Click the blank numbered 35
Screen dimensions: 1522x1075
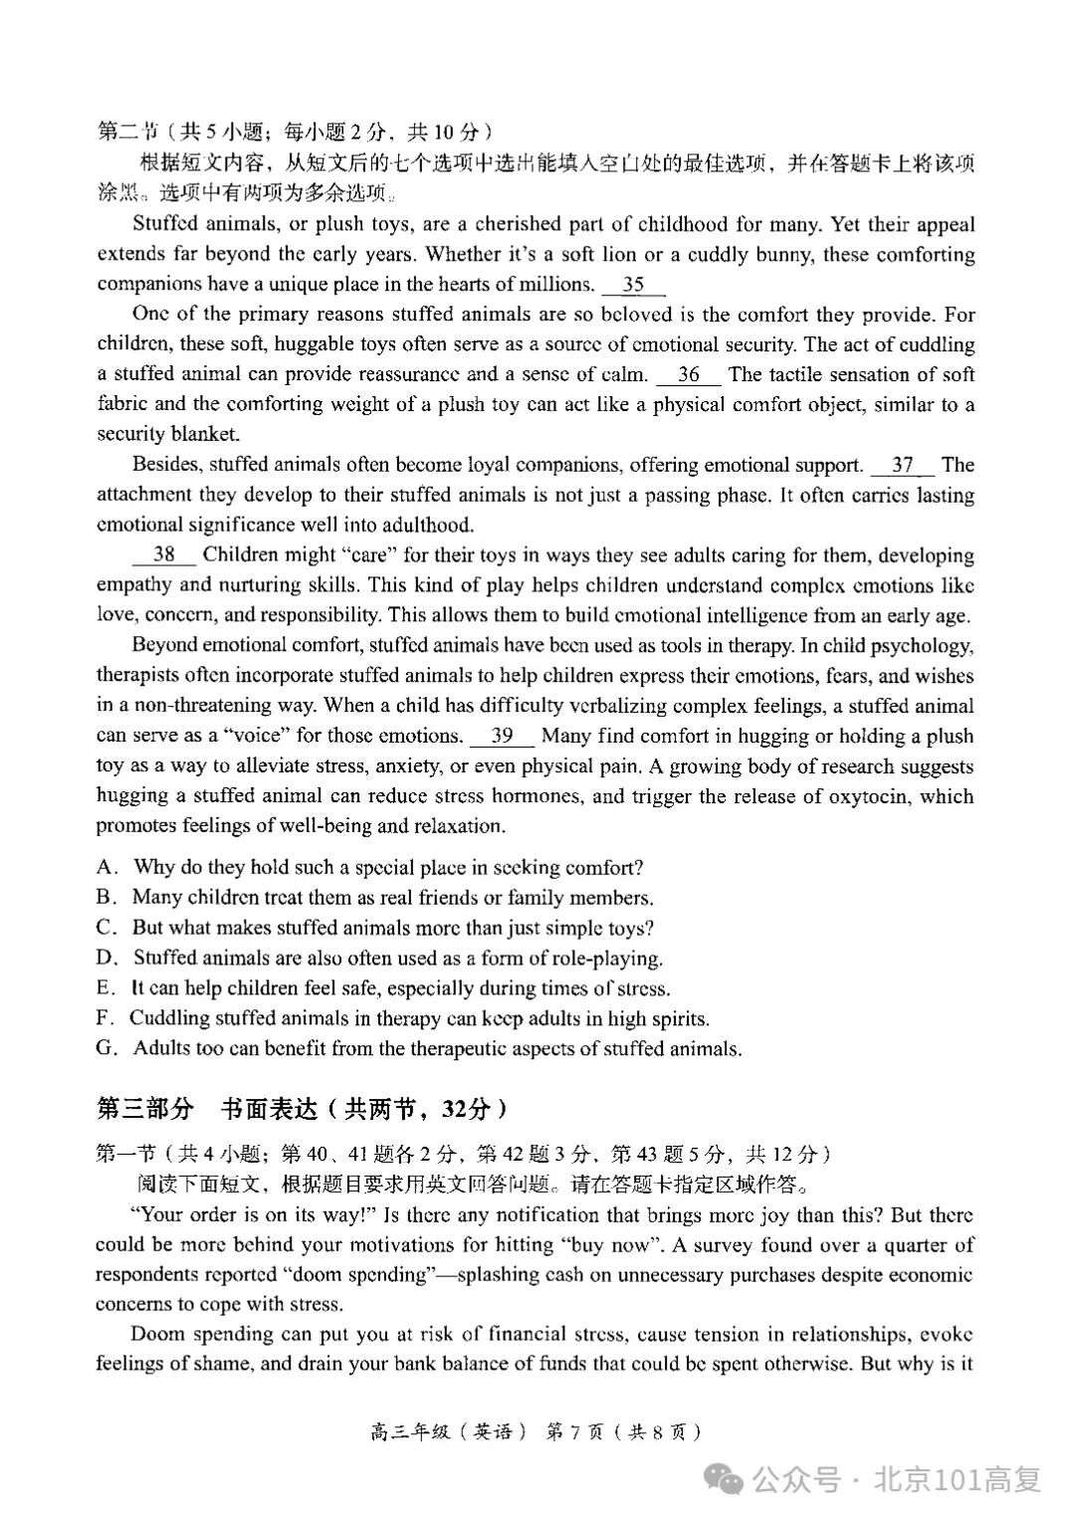(x=633, y=285)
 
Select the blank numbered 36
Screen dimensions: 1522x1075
(x=688, y=375)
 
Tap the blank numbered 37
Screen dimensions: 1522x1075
(x=902, y=465)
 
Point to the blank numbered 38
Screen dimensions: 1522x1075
(x=164, y=555)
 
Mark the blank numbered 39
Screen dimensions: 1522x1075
(x=502, y=737)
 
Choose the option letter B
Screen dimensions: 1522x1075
(x=106, y=898)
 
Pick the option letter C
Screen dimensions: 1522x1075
(x=106, y=929)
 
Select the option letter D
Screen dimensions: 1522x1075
(x=107, y=959)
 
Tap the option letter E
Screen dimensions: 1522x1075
(x=105, y=988)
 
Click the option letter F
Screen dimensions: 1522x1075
(x=104, y=1018)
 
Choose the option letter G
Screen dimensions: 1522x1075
(x=107, y=1049)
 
